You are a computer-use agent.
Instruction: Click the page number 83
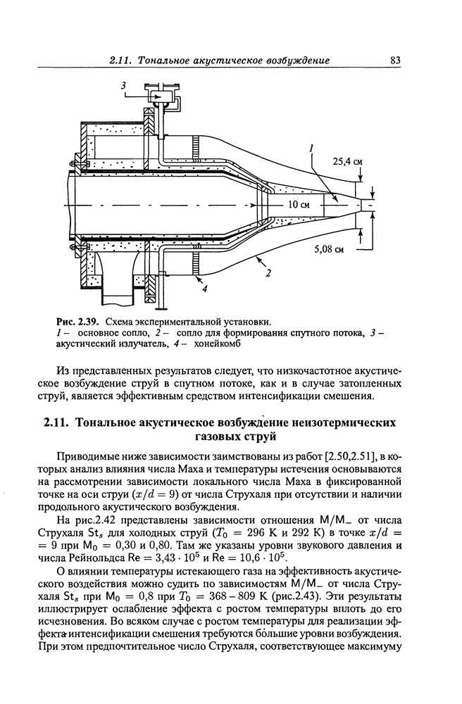click(x=395, y=61)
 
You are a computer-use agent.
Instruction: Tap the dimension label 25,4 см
click(x=347, y=161)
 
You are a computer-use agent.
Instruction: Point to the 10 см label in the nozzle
click(x=299, y=205)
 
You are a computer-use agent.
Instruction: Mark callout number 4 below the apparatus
click(x=204, y=287)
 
